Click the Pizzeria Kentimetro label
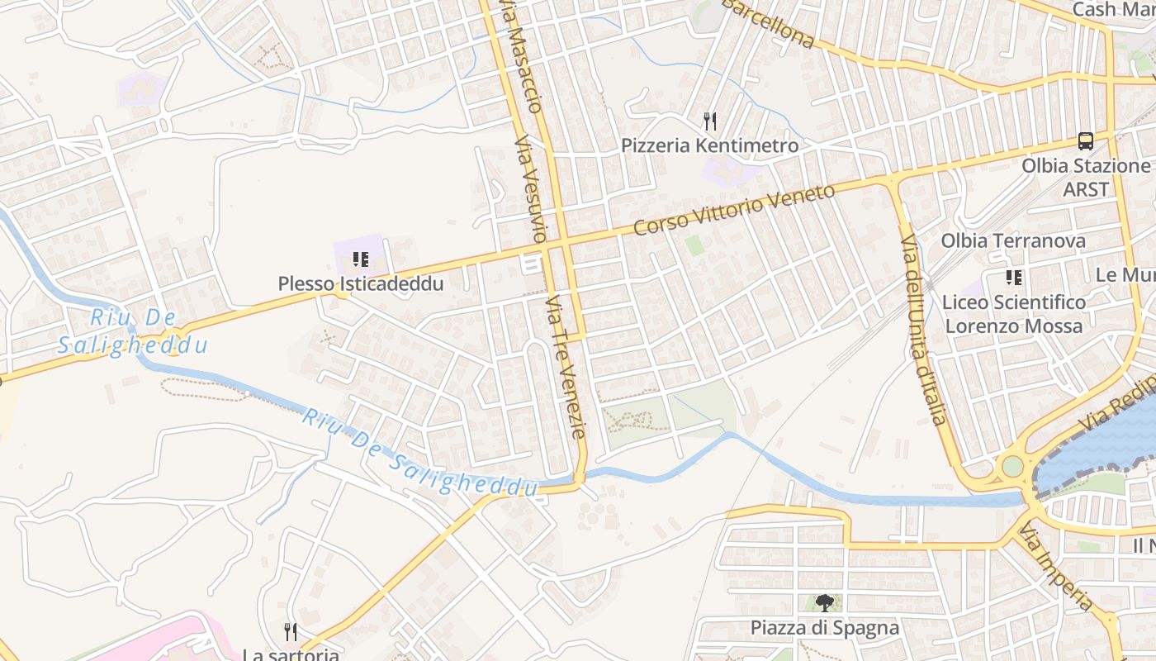click(x=709, y=146)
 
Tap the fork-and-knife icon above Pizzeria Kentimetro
click(x=709, y=121)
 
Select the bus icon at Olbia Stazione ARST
click(x=1086, y=140)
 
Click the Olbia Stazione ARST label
click(x=1085, y=177)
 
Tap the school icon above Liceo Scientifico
click(x=1013, y=278)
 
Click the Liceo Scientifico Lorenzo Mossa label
click(x=1014, y=314)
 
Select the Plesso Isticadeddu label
click(x=361, y=283)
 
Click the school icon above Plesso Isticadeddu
click(x=360, y=260)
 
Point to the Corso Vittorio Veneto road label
click(x=734, y=210)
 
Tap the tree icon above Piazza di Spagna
click(x=824, y=603)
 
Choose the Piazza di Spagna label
click(x=824, y=628)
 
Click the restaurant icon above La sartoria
click(x=290, y=632)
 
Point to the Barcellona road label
click(x=768, y=22)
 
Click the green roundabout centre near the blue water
click(x=1012, y=466)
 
